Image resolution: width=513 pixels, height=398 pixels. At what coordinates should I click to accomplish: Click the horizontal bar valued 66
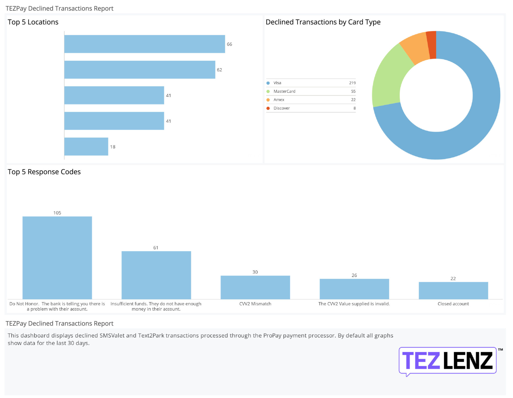pyautogui.click(x=145, y=44)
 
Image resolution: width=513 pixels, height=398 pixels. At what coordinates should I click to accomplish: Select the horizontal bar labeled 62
pyautogui.click(x=140, y=70)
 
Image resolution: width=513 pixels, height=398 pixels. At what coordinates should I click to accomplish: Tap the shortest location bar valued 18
pyautogui.click(x=86, y=147)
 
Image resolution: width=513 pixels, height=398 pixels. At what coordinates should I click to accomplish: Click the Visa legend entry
pyautogui.click(x=277, y=83)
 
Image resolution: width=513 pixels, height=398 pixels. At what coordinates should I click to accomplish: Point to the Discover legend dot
pyautogui.click(x=268, y=108)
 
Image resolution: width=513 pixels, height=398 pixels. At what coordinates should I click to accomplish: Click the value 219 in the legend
pyautogui.click(x=352, y=83)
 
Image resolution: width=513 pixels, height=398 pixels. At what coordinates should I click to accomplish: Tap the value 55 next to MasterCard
pyautogui.click(x=353, y=91)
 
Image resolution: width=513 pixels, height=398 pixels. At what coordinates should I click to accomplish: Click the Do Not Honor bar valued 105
pyautogui.click(x=57, y=258)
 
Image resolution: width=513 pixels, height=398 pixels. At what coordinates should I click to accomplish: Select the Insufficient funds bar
pyautogui.click(x=156, y=275)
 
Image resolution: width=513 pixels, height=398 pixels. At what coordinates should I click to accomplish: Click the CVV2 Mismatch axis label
pyautogui.click(x=255, y=304)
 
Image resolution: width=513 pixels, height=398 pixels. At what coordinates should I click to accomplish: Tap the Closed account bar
pyautogui.click(x=453, y=291)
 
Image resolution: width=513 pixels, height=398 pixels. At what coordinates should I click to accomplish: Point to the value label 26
pyautogui.click(x=354, y=275)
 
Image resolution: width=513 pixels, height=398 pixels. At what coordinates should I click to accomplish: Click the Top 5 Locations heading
pyautogui.click(x=33, y=22)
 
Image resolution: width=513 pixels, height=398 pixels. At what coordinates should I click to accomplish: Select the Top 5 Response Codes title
pyautogui.click(x=44, y=172)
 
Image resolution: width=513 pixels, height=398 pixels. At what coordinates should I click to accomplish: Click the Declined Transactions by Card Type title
pyautogui.click(x=323, y=22)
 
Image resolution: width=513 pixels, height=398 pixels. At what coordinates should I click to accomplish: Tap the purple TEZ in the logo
pyautogui.click(x=421, y=361)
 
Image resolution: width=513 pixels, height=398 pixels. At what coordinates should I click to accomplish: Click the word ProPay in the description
pyautogui.click(x=272, y=336)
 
